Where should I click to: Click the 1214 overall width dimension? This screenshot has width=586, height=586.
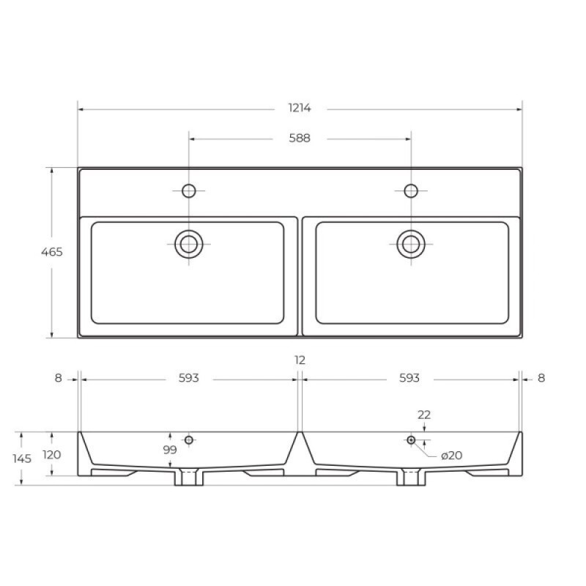click(300, 108)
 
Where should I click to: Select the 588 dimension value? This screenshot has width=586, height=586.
click(300, 138)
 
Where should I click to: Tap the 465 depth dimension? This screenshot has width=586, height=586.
click(51, 252)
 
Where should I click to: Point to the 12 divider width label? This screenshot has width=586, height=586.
click(300, 360)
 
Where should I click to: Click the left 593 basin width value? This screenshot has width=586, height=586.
click(189, 378)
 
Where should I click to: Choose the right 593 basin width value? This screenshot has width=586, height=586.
click(409, 378)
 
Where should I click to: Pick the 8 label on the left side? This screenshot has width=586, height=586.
click(59, 378)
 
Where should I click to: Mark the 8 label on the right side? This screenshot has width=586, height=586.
click(541, 378)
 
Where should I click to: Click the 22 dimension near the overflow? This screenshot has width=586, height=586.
click(424, 415)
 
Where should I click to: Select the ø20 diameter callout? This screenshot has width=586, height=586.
click(451, 456)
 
